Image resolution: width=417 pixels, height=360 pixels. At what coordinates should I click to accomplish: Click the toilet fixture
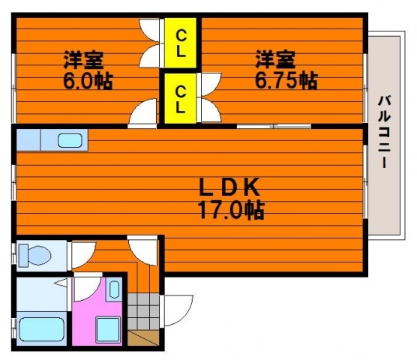click(x=34, y=255)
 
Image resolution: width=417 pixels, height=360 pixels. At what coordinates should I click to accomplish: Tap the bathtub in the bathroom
click(x=42, y=329)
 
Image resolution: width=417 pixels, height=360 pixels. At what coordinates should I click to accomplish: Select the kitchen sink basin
click(x=70, y=140)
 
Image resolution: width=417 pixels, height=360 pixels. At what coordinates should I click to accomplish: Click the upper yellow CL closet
click(x=180, y=43)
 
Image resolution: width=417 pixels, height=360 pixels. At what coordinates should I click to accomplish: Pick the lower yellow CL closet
click(x=180, y=98)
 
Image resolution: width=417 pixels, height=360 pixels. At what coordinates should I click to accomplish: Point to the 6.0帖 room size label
click(x=88, y=81)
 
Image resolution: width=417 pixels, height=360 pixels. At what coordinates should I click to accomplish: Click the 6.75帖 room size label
click(x=286, y=80)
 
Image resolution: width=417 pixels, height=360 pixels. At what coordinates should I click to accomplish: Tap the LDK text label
click(x=229, y=187)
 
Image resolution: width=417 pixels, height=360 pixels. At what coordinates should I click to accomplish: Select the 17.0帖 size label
click(x=231, y=210)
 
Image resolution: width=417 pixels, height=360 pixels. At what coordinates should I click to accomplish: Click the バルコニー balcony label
click(x=384, y=132)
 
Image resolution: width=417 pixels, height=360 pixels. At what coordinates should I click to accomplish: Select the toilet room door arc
click(x=83, y=255)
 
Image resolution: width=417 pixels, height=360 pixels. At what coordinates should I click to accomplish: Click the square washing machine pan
click(x=108, y=330)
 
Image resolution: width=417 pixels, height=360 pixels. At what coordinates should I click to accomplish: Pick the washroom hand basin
click(x=114, y=289)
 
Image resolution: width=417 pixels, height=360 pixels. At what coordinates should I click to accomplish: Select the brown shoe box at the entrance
click(x=143, y=337)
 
